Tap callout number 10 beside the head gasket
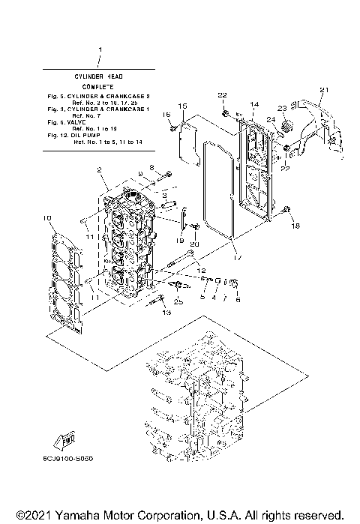point(47,218)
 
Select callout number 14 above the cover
point(254,104)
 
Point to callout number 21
point(324,91)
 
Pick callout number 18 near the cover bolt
point(295,226)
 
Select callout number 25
point(178,302)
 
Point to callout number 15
point(182,106)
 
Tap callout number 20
point(193,244)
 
